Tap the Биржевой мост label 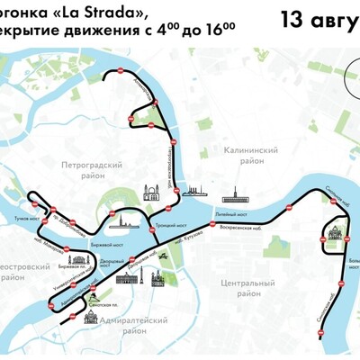tap(106, 243)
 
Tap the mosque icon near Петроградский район tap(150, 193)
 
